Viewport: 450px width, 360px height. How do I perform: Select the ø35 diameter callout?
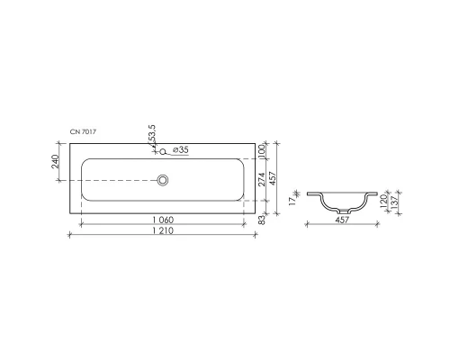coord(180,150)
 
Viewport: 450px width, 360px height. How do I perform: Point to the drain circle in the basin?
coord(164,180)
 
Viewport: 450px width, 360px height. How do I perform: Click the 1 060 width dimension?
coord(163,220)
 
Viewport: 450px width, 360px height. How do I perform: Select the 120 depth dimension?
coord(382,200)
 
